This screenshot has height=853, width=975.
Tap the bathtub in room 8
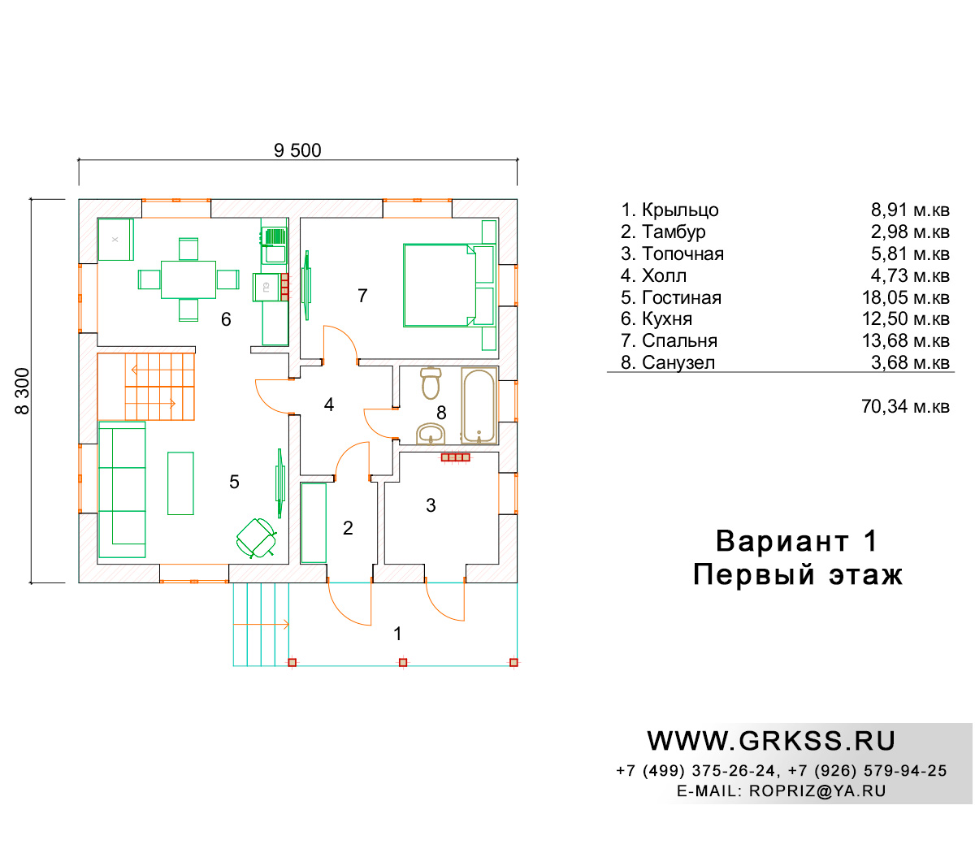pyautogui.click(x=479, y=405)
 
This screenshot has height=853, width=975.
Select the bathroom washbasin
pyautogui.click(x=431, y=434)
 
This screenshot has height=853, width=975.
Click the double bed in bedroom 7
pyautogui.click(x=439, y=285)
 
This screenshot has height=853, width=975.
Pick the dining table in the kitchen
pyautogui.click(x=188, y=279)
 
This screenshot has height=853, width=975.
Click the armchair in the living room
pyautogui.click(x=257, y=538)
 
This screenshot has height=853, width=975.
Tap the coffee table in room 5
pyautogui.click(x=180, y=483)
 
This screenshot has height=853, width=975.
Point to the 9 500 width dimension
pyautogui.click(x=297, y=150)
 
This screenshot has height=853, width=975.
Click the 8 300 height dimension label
pyautogui.click(x=23, y=391)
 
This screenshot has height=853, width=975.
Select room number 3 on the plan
pyautogui.click(x=431, y=505)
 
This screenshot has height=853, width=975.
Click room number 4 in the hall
pyautogui.click(x=329, y=405)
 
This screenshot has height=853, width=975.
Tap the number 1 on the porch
pyautogui.click(x=398, y=634)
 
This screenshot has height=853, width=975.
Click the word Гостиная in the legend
pyautogui.click(x=682, y=298)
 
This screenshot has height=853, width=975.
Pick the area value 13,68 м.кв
pyautogui.click(x=905, y=340)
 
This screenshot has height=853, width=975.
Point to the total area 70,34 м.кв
pyautogui.click(x=905, y=406)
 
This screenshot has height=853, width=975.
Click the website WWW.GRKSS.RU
pyautogui.click(x=771, y=741)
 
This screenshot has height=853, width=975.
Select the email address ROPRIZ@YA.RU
pyautogui.click(x=817, y=791)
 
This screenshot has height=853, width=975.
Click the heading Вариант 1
pyautogui.click(x=797, y=541)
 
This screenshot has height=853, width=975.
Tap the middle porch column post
pyautogui.click(x=403, y=662)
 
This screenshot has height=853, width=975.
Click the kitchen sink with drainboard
pyautogui.click(x=274, y=246)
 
